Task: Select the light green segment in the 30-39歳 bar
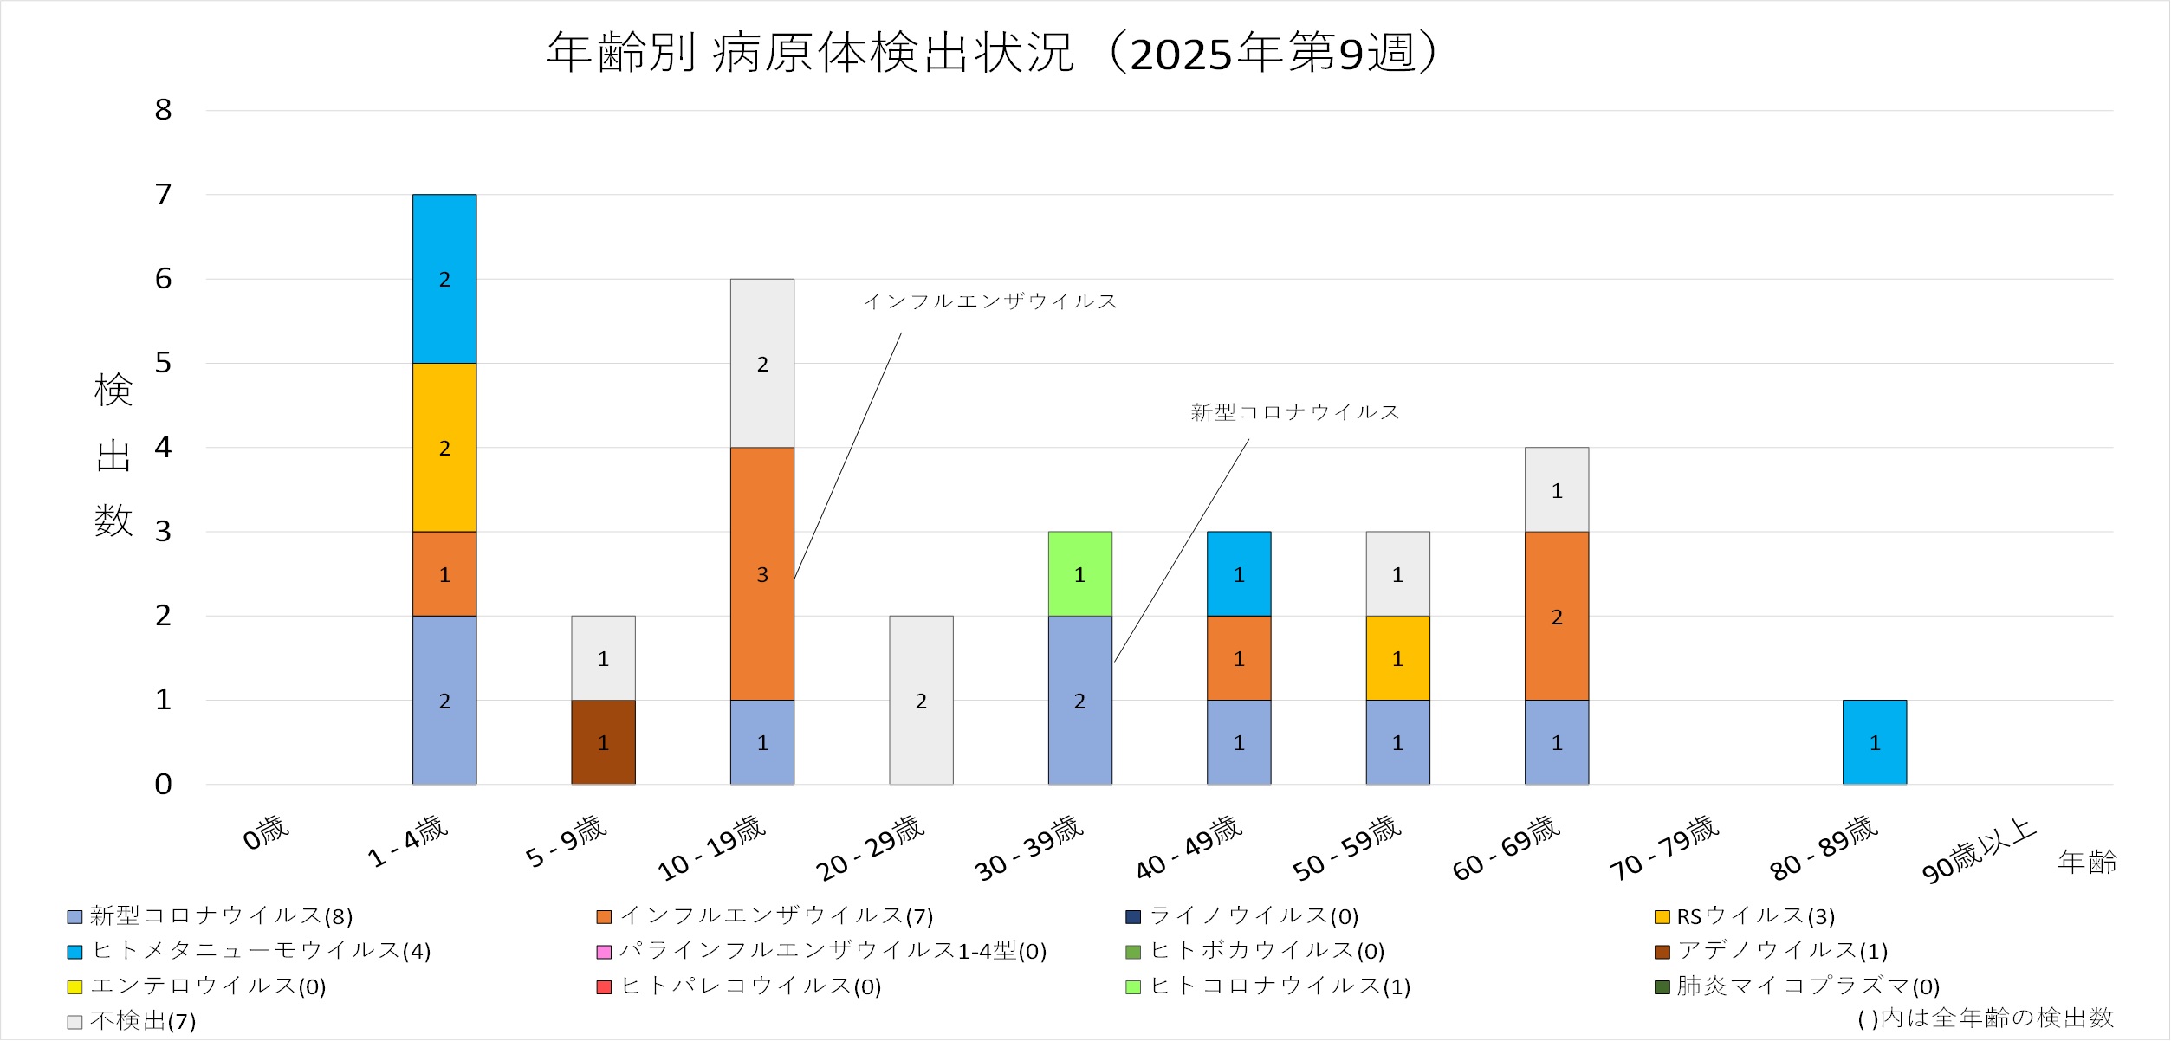[x=1079, y=573]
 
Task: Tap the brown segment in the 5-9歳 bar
[x=603, y=742]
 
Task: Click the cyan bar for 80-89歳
[x=1874, y=742]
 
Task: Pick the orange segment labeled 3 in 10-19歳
[x=761, y=573]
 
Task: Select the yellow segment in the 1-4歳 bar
[x=444, y=447]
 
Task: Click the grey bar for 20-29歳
[x=921, y=700]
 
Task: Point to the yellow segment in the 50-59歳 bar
[x=1397, y=658]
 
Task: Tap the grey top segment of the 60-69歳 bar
[x=1556, y=490]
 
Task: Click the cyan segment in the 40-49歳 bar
[x=1239, y=573]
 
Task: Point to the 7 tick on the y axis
[x=163, y=195]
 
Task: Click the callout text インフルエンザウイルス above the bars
[x=990, y=301]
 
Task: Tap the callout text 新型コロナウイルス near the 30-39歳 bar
[x=1295, y=412]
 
